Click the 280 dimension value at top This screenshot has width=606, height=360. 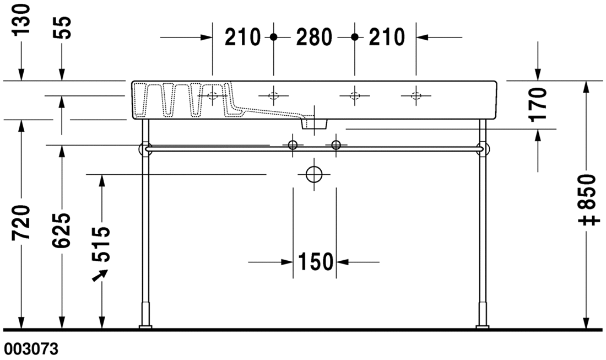tap(314, 37)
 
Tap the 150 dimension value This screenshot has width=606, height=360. tap(316, 262)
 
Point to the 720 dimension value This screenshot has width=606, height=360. tap(21, 223)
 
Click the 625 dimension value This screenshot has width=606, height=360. tap(62, 230)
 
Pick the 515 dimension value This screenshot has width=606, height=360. tap(102, 244)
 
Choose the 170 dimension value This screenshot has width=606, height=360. tap(538, 104)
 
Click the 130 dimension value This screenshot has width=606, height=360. tap(21, 20)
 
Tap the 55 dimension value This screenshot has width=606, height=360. tap(62, 28)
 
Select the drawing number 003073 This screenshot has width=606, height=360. tap(30, 349)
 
